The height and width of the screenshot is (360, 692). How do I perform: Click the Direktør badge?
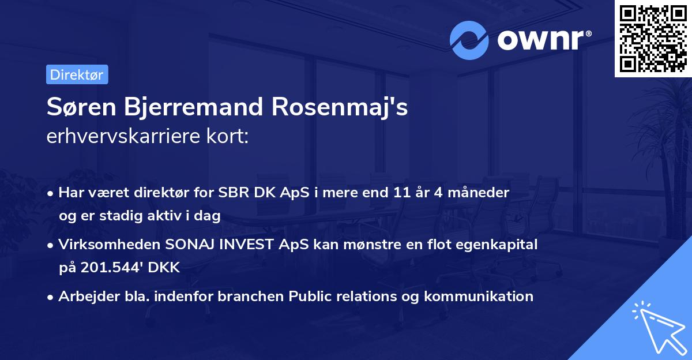76,74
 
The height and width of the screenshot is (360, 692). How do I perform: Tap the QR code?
652,38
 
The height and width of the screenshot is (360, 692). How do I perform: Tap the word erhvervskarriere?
122,137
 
